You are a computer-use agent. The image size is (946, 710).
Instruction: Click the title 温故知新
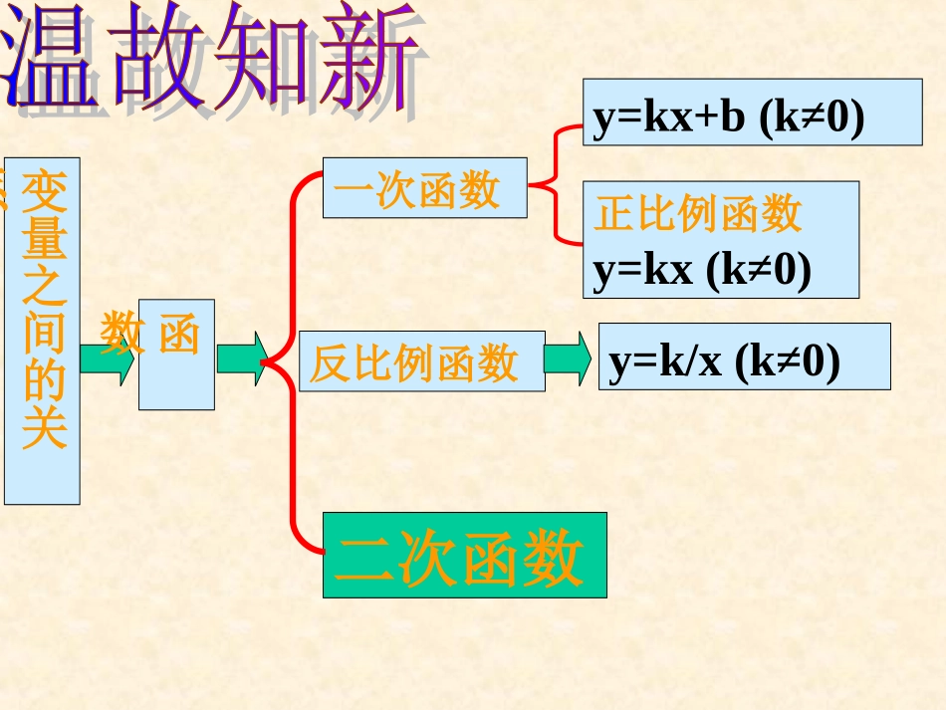(x=214, y=57)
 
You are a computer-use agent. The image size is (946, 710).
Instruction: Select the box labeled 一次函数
(x=424, y=187)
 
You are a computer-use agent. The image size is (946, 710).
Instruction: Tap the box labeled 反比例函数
(x=421, y=361)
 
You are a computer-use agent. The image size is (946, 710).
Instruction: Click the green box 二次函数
(x=464, y=555)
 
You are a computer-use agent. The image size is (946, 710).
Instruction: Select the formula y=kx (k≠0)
(x=702, y=270)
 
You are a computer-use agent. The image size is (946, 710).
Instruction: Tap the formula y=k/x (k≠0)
(x=725, y=360)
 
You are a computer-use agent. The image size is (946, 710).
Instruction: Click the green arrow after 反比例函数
(x=568, y=358)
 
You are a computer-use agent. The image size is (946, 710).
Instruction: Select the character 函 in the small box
(x=179, y=336)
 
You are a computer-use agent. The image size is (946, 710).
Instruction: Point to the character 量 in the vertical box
(x=44, y=240)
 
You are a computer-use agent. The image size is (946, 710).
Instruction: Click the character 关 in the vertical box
(x=44, y=429)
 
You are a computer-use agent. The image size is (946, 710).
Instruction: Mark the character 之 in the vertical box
(x=44, y=288)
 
